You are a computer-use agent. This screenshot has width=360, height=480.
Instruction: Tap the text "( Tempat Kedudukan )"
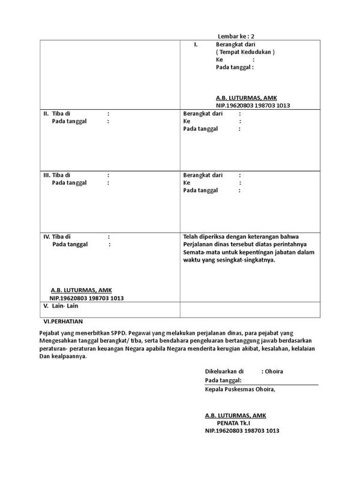tap(245, 52)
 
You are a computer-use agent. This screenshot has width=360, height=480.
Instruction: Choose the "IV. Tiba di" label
tap(58, 237)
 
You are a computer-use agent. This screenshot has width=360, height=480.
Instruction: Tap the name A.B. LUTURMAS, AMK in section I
tap(247, 97)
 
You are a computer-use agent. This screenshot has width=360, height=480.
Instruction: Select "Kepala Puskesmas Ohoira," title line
tap(240, 389)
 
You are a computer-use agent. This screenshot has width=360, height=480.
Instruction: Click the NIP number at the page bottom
tap(242, 431)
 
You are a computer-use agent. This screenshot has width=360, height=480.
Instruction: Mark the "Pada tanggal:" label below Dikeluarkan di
tap(223, 380)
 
